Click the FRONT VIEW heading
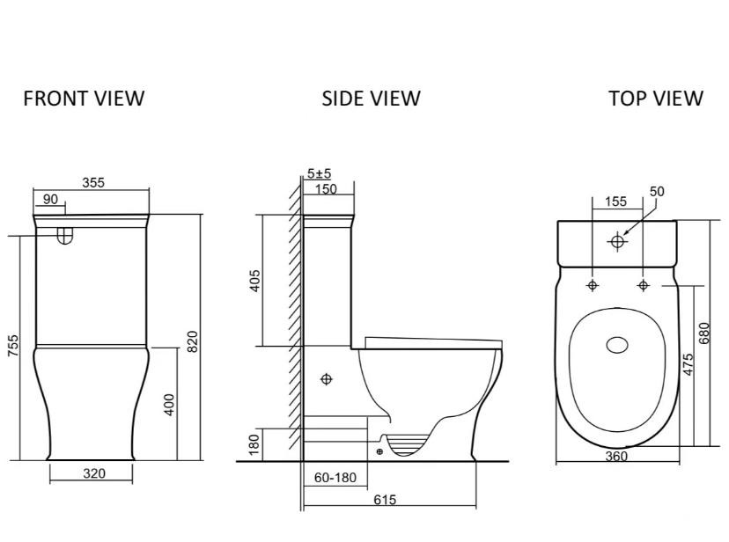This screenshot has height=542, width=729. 84,99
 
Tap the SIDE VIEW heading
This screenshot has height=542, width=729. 371,99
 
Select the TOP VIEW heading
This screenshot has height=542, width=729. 656,99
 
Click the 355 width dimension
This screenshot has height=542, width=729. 93,182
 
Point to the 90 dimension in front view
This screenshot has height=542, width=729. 50,199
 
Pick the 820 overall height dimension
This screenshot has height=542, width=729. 192,341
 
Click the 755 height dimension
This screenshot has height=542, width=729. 14,346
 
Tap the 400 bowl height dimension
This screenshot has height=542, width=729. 169,405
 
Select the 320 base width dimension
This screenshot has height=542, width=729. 94,473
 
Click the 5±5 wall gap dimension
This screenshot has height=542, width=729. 319,173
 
